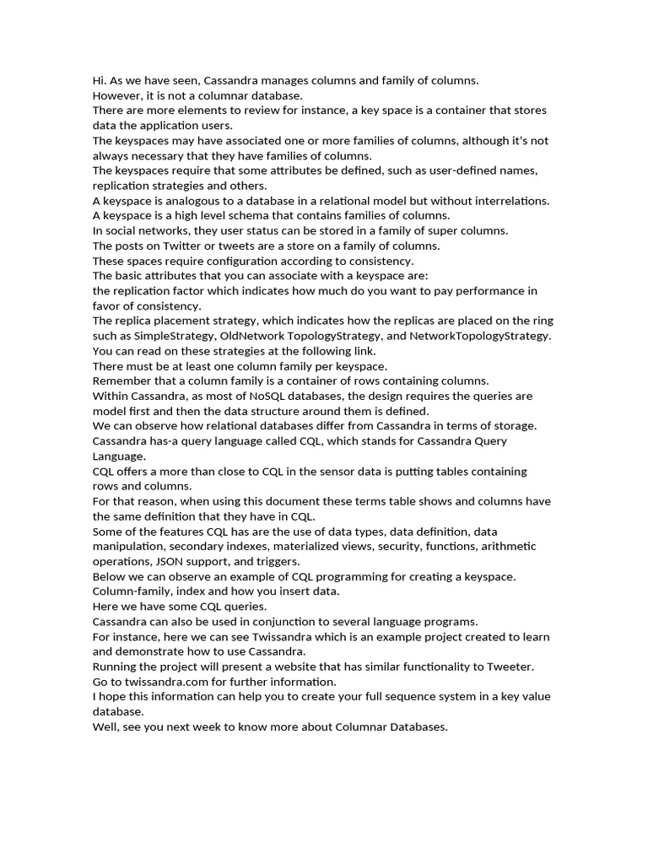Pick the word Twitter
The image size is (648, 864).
(x=183, y=246)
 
